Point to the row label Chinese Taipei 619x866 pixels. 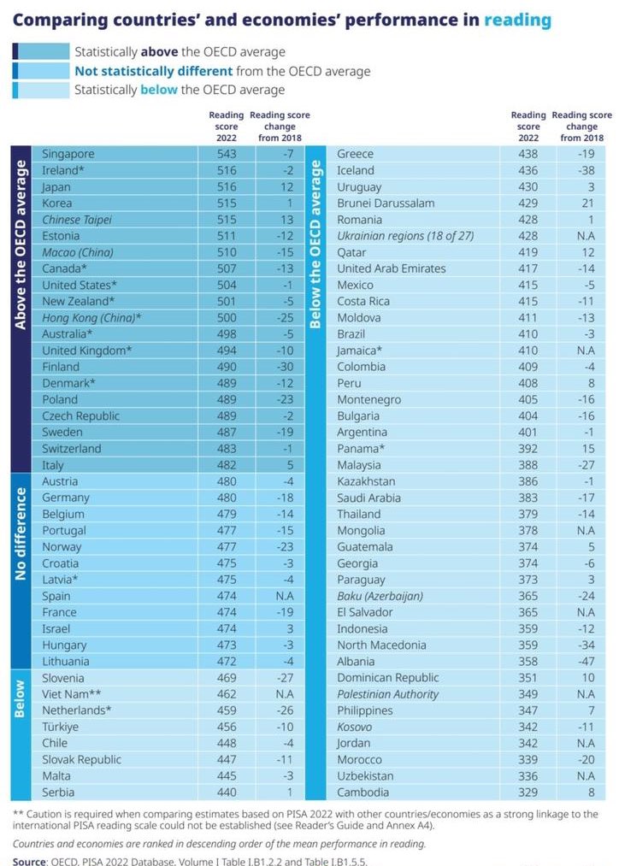[x=77, y=220]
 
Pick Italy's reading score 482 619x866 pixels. [x=227, y=465]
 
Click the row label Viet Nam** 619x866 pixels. [x=72, y=694]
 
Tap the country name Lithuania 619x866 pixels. [x=65, y=662]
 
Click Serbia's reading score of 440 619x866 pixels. [x=227, y=792]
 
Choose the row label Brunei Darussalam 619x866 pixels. [x=386, y=203]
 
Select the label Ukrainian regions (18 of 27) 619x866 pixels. [x=405, y=236]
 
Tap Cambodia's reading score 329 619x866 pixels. [x=528, y=792]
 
